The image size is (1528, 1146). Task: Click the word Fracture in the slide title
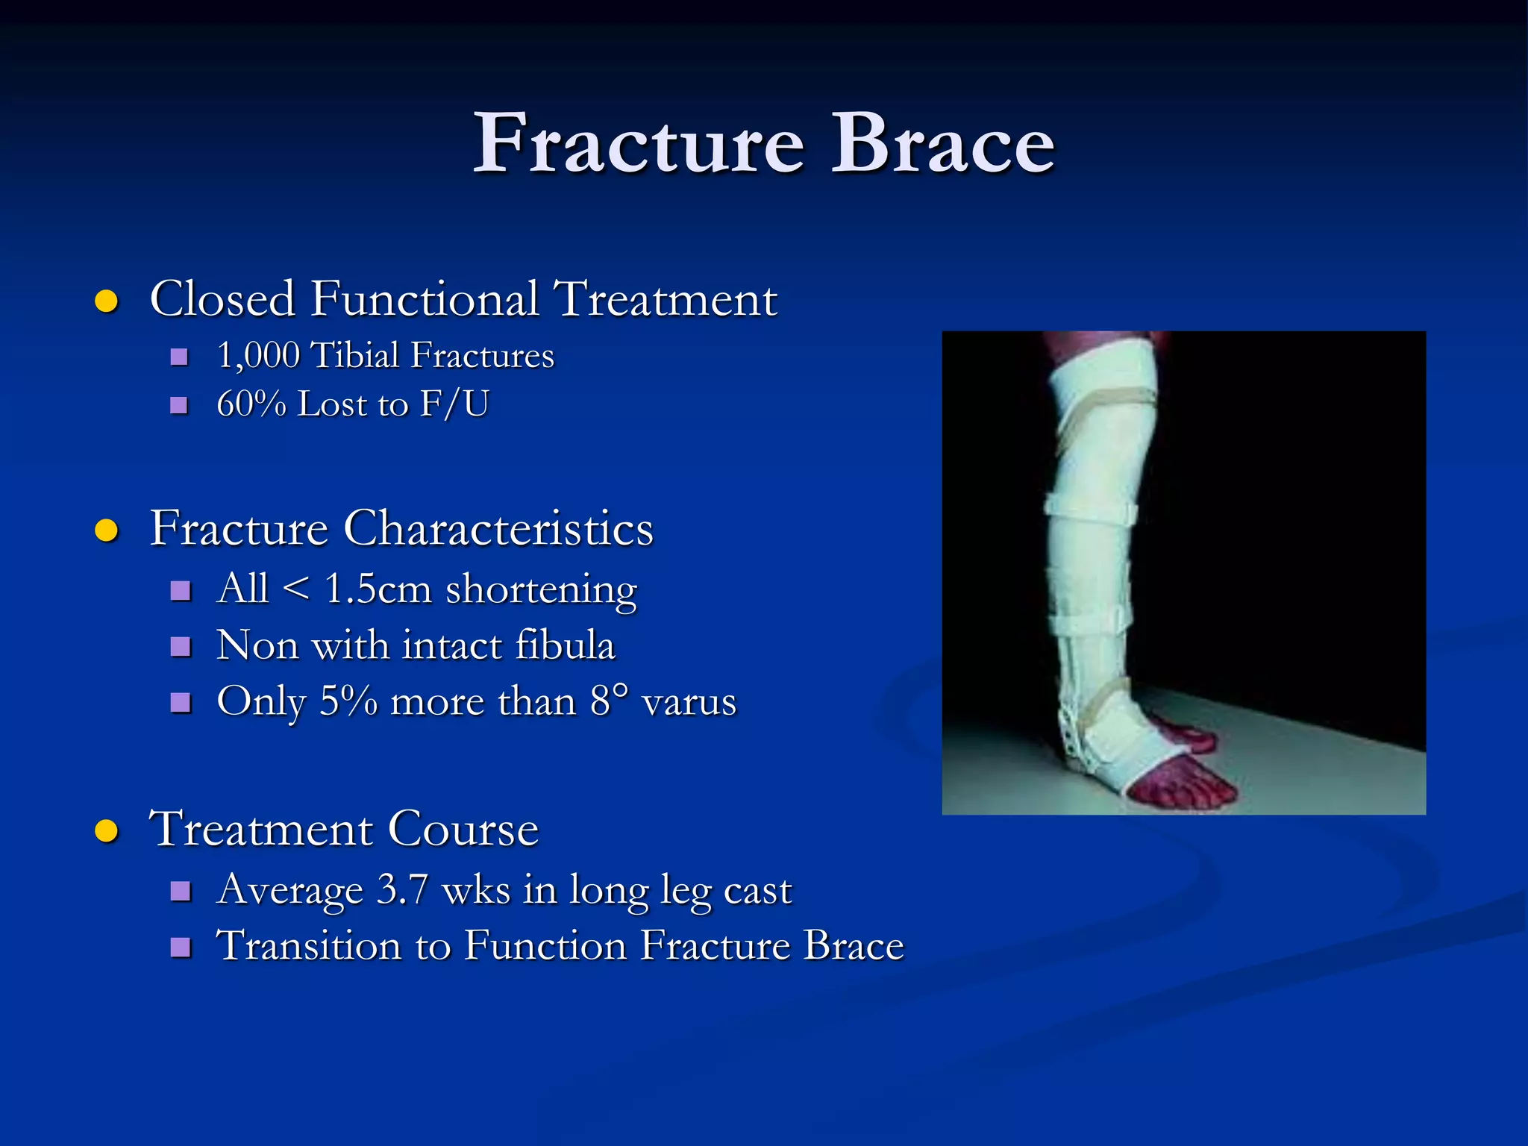click(x=639, y=144)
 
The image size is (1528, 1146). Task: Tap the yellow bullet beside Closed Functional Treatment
click(x=107, y=301)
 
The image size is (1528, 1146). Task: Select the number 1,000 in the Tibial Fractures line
click(x=258, y=356)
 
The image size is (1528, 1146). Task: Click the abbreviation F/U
click(x=454, y=404)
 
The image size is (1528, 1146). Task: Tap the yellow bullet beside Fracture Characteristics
click(x=107, y=530)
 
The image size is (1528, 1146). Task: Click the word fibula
click(x=566, y=645)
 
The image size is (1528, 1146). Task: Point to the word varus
click(x=689, y=702)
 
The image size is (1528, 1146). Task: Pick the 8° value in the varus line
click(x=609, y=701)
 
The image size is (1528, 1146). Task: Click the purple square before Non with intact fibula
click(x=181, y=646)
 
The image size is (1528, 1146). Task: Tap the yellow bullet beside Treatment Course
click(x=107, y=830)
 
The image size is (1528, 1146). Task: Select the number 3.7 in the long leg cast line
click(x=402, y=890)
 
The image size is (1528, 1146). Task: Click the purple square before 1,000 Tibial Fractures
click(x=179, y=357)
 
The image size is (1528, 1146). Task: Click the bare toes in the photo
click(x=1186, y=787)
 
